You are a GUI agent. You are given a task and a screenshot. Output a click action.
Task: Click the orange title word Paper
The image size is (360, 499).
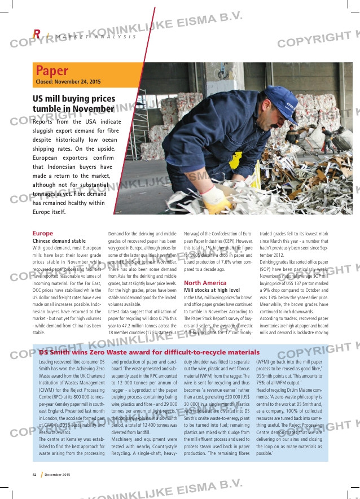click(52, 71)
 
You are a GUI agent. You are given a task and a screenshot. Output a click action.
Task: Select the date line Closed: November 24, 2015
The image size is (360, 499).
click(68, 82)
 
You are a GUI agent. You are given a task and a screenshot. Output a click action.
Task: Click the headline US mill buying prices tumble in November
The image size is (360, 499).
click(73, 103)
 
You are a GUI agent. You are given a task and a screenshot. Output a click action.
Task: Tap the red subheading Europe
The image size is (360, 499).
click(43, 233)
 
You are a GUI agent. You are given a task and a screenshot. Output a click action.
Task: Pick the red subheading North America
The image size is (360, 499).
click(205, 283)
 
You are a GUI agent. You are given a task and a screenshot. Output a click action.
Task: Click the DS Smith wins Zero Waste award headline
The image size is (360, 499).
click(149, 352)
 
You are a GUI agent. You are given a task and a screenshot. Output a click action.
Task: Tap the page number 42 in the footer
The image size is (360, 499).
click(34, 474)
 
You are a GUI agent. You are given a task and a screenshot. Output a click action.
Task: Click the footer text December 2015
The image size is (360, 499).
click(58, 474)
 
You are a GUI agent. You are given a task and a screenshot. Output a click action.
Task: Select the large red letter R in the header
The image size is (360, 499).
click(37, 34)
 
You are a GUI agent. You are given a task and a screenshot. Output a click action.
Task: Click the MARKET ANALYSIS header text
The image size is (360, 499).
click(96, 37)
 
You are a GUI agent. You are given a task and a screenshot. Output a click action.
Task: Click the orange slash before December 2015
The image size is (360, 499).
click(41, 474)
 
